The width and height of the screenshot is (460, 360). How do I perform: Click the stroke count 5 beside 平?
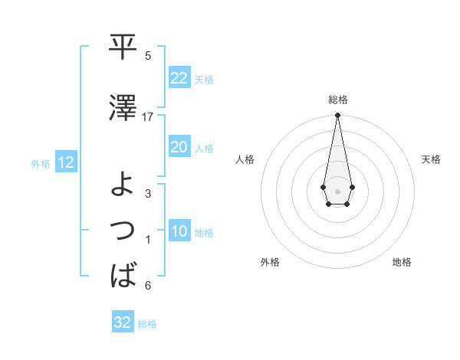pos(148,56)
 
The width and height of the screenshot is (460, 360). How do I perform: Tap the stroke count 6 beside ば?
pos(148,286)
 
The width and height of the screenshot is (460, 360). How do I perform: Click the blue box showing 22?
pos(179,78)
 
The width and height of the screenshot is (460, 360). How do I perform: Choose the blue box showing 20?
pos(179,147)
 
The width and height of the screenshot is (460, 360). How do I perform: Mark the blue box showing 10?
pos(179,231)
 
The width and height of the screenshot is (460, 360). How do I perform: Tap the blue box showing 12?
pos(65,162)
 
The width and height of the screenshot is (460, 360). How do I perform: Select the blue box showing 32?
pos(123,322)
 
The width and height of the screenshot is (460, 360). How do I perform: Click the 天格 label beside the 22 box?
pos(204,79)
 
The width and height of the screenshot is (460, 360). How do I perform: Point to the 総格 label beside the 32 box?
pos(147,323)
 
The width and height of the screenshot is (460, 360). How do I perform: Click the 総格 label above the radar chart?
pos(338,100)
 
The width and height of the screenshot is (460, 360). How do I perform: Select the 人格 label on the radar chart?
pos(245,159)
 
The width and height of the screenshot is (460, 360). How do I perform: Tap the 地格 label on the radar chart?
pos(402,262)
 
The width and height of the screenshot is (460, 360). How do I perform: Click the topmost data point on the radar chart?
pos(337,116)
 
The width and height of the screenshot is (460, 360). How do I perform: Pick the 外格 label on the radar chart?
pos(270,262)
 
